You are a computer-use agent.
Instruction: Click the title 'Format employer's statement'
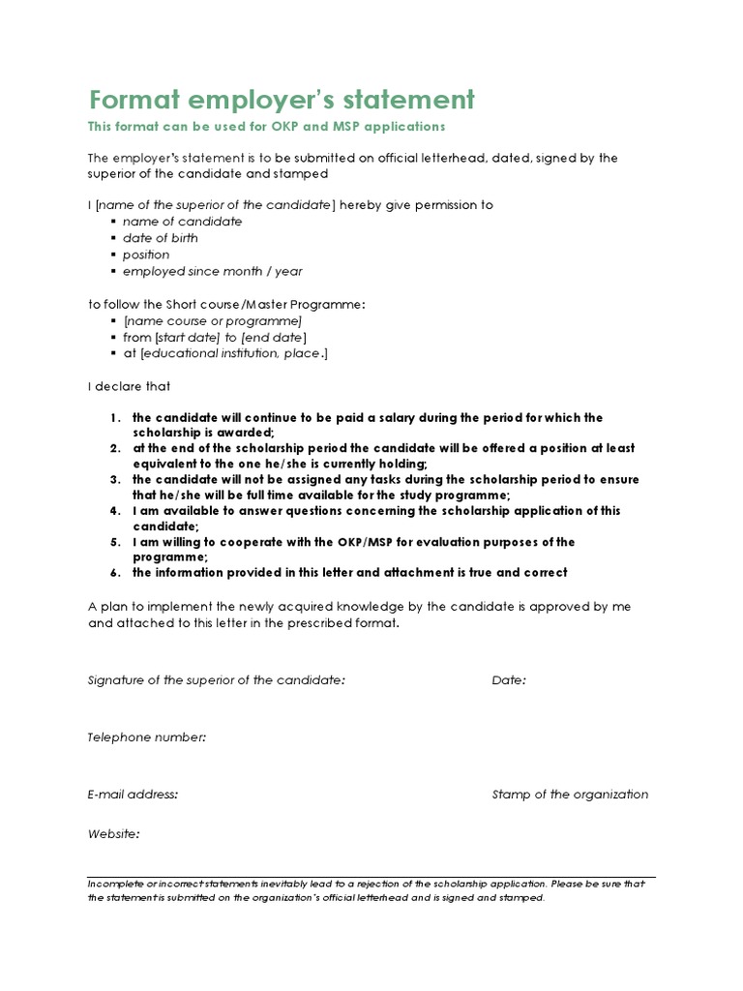point(282,100)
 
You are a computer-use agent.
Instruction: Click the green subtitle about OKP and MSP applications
point(266,127)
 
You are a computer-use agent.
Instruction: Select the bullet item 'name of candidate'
point(182,222)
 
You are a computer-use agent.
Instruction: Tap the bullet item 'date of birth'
point(160,238)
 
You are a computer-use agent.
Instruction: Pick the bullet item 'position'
point(145,255)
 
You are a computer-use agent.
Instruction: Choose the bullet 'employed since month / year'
point(212,272)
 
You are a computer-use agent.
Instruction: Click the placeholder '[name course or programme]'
point(213,320)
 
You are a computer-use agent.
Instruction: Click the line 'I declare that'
point(129,386)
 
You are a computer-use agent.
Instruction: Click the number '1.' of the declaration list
point(114,418)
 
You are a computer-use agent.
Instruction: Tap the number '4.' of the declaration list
point(114,511)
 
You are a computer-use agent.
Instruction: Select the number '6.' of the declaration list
point(114,573)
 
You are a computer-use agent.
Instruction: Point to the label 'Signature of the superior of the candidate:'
point(216,680)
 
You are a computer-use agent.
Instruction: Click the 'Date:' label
point(509,680)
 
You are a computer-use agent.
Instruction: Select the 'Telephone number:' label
point(147,737)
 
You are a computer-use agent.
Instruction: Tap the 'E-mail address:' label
point(133,795)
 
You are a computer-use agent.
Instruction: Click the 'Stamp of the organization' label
point(570,795)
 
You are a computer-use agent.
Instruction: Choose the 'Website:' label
point(113,833)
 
